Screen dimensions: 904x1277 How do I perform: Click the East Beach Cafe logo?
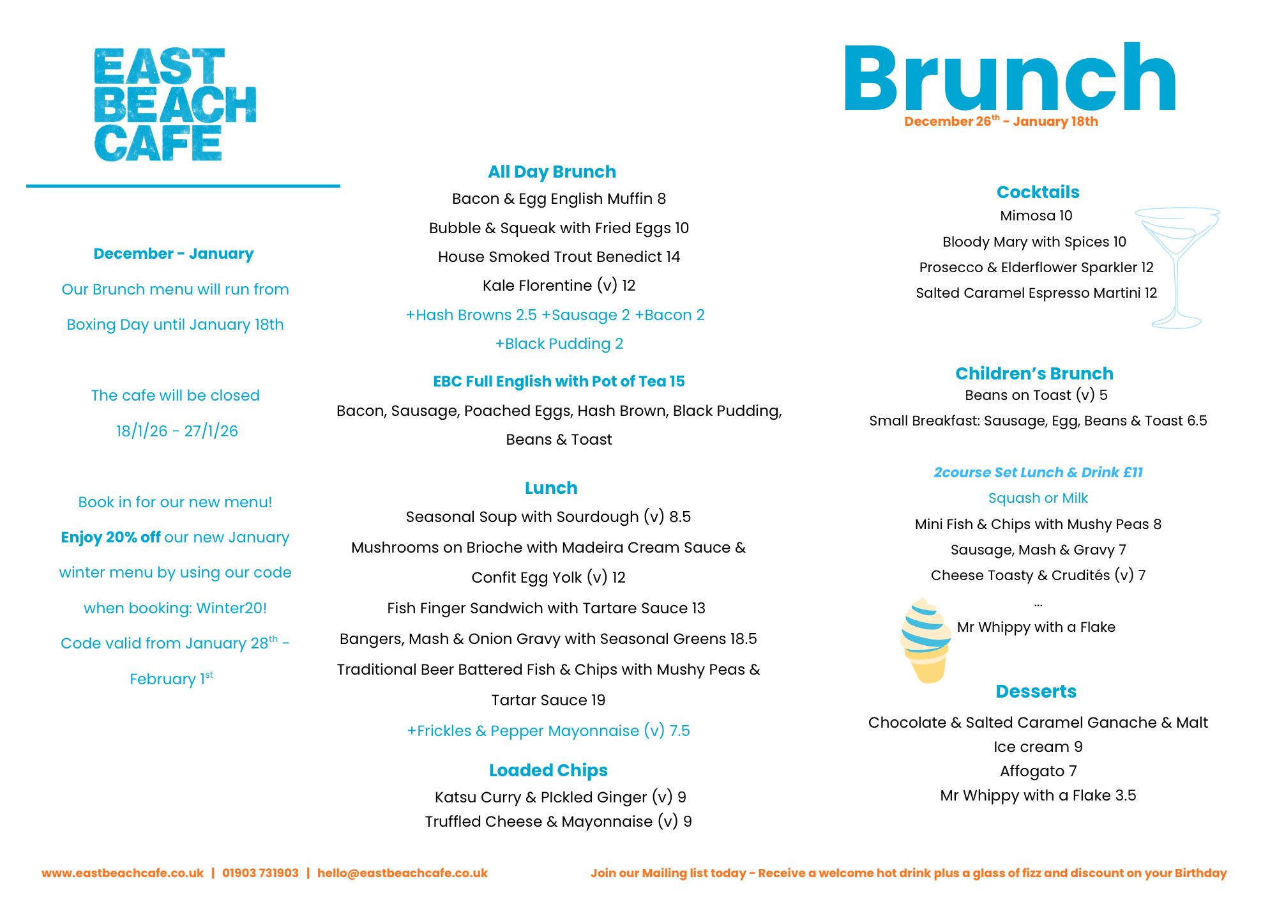[x=174, y=104]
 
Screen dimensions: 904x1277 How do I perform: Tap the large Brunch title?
[x=1009, y=79]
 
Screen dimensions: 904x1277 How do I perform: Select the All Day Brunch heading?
[x=552, y=172]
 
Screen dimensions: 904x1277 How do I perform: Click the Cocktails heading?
[x=1038, y=192]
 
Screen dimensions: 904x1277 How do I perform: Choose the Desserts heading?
[x=1036, y=691]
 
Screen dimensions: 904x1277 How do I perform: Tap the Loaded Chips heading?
[x=548, y=770]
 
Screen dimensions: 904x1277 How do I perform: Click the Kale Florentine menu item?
[x=559, y=286]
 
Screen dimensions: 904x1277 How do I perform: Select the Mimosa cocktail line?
[x=1036, y=216]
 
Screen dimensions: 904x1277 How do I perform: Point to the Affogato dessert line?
[x=1038, y=771]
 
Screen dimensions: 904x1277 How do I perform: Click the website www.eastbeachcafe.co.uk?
[x=123, y=873]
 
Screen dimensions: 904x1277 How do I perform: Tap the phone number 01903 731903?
[x=260, y=873]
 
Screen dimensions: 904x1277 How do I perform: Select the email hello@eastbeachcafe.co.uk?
[x=402, y=873]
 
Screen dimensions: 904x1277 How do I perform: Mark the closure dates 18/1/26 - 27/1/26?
[x=177, y=431]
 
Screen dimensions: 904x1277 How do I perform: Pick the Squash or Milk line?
[x=1038, y=498]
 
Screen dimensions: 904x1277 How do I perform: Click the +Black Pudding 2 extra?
[x=559, y=344]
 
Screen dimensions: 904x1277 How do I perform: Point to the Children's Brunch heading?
[x=1034, y=374]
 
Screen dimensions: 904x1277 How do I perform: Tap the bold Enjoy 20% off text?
[x=110, y=537]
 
